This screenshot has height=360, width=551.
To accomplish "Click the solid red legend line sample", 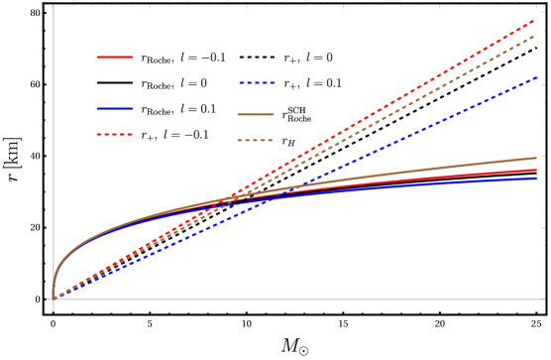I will click(115, 58).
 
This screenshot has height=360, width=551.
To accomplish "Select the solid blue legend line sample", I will click(115, 108).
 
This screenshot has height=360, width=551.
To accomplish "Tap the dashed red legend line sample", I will click(115, 134).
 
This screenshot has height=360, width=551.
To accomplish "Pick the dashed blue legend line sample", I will click(257, 83).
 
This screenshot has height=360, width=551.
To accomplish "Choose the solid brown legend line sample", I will click(256, 115).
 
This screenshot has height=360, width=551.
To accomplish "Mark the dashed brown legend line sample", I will click(255, 141).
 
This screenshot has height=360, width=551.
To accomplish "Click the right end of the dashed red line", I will click(536, 19).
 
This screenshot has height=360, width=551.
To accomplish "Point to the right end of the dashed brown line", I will click(536, 36).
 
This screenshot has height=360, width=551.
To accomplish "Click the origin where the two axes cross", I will click(54, 299).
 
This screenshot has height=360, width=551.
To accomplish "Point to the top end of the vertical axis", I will click(54, 6).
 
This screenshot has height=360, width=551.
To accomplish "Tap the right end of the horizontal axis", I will click(544, 299).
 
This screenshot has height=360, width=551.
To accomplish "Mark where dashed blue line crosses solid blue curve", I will click(273, 199).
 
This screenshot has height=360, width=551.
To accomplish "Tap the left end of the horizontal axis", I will click(48, 299).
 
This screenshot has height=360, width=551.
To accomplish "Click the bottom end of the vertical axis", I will click(54, 310).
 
